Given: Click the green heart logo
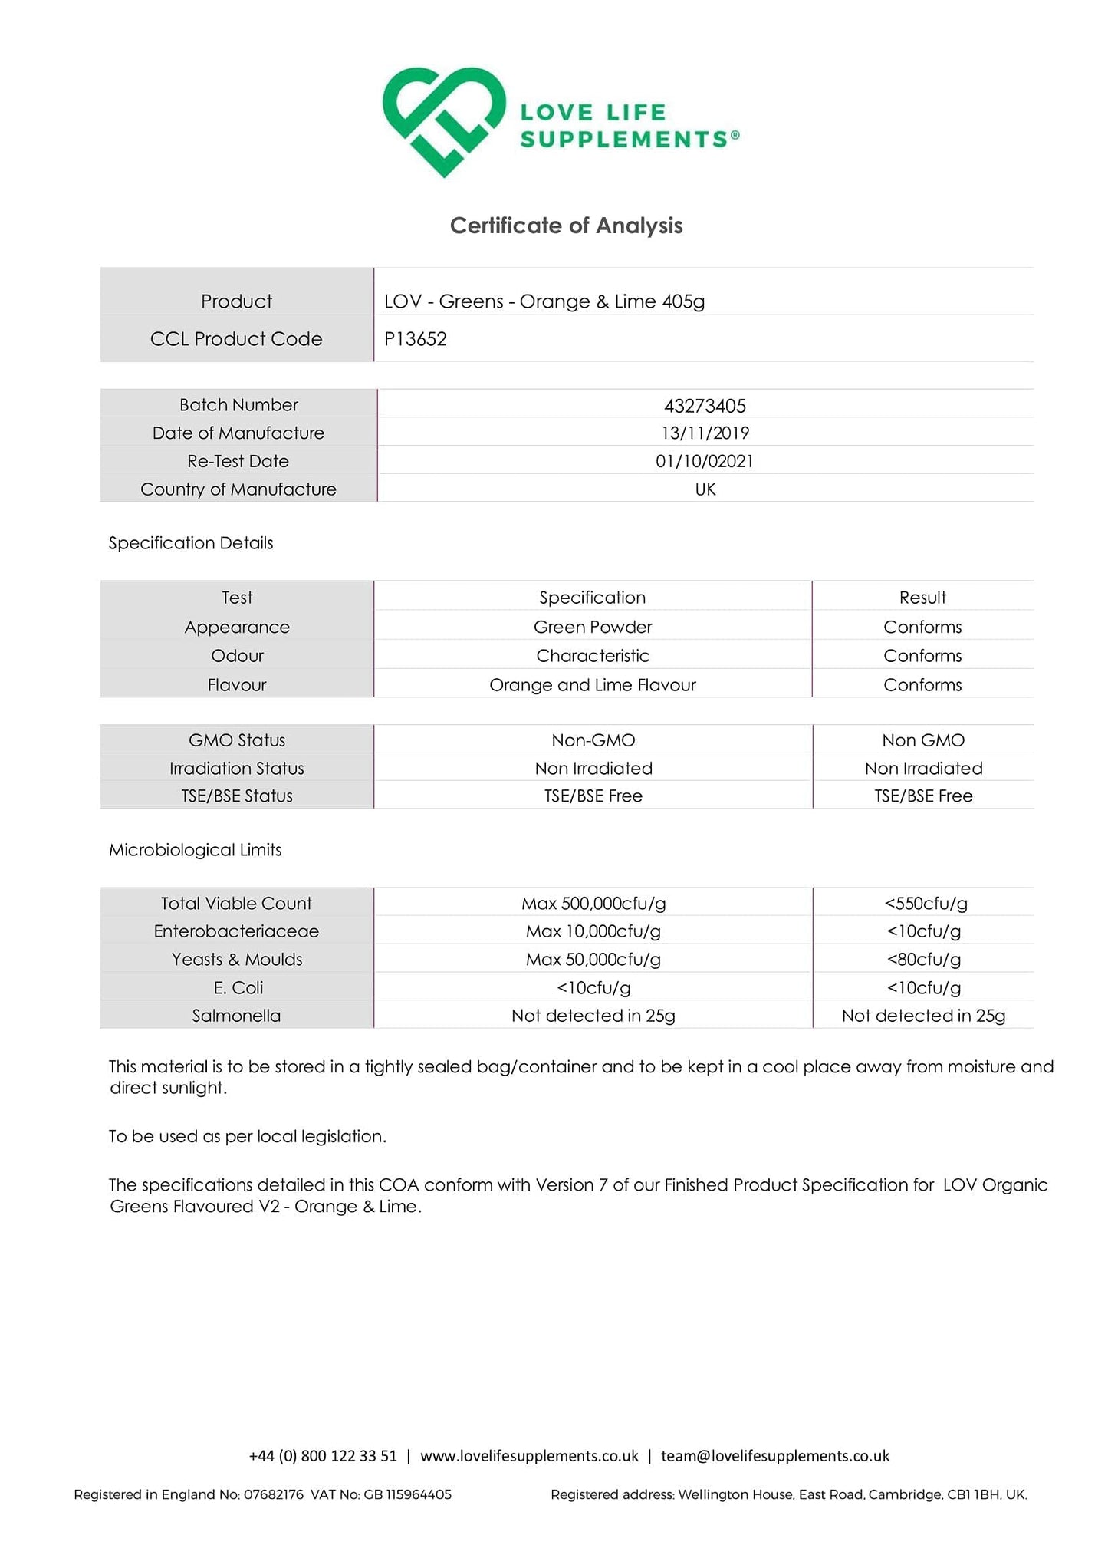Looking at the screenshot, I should tap(444, 121).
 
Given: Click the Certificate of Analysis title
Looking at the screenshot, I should tap(566, 226).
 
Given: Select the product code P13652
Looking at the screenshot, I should tap(416, 339).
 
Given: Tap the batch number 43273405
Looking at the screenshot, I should tap(705, 405).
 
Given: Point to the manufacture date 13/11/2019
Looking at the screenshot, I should tap(705, 433).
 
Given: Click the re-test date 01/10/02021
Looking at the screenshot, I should tap(705, 461).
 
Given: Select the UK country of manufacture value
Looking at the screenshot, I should tap(705, 489).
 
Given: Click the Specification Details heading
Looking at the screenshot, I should tap(191, 543).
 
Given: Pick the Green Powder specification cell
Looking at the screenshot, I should tap(593, 627).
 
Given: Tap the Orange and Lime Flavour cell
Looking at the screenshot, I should tap(593, 685).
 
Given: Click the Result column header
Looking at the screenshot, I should tap(922, 598).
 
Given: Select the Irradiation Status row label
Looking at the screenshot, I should tap(237, 769).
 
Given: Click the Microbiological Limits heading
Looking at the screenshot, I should tap(195, 850).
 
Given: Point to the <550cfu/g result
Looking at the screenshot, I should tap(926, 904).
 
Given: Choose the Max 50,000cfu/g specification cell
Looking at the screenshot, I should tap(593, 960).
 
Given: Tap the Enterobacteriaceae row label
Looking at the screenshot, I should tap(236, 931).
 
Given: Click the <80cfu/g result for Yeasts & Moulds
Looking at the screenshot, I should tap(923, 960).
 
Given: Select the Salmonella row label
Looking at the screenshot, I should tap(236, 1016).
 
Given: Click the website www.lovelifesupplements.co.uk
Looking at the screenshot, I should tap(529, 1456).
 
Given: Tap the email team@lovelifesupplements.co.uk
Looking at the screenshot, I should tap(774, 1456).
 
